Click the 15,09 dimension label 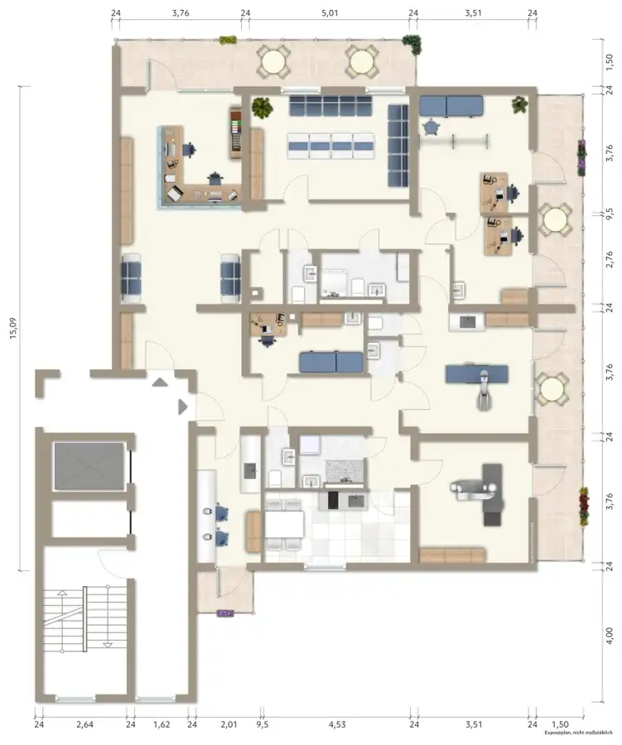click(x=13, y=327)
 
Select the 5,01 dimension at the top click(x=330, y=12)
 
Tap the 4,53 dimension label click(x=337, y=724)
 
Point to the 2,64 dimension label click(x=84, y=724)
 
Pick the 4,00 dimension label click(x=609, y=636)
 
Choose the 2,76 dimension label click(x=609, y=259)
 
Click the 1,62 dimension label click(x=162, y=724)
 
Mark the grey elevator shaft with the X click(x=89, y=466)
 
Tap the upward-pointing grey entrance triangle click(x=160, y=382)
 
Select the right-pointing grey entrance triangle click(x=183, y=406)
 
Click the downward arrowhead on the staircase click(x=108, y=644)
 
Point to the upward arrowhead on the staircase click(x=62, y=593)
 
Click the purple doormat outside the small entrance click(x=225, y=613)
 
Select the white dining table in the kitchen click(x=284, y=525)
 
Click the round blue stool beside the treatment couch click(x=431, y=127)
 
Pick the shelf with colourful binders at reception click(x=236, y=133)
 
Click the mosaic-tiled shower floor click(x=345, y=471)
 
